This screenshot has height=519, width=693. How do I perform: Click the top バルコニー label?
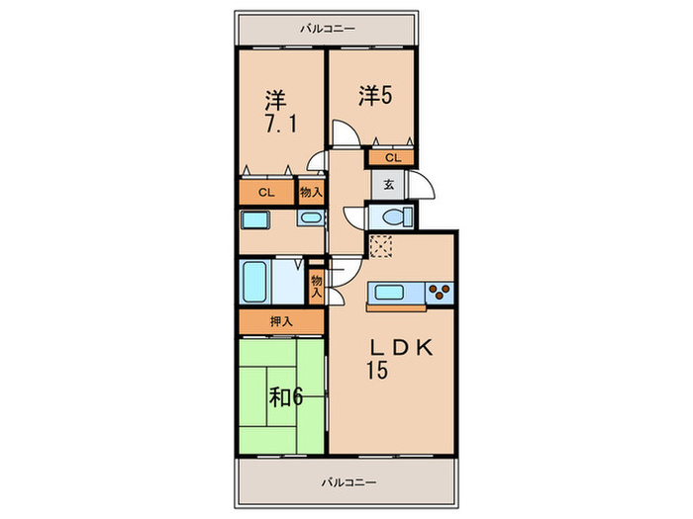[x=327, y=29]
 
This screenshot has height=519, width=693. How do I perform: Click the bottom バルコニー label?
[x=347, y=482]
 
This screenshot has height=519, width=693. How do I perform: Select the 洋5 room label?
[x=376, y=96]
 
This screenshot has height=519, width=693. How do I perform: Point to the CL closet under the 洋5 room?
[x=392, y=156]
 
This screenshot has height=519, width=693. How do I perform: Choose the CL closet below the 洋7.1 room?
[x=266, y=193]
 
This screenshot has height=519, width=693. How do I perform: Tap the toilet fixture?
[x=394, y=217]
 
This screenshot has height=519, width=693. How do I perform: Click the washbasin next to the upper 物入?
[x=310, y=218]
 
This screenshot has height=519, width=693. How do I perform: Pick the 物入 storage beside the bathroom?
[x=316, y=286]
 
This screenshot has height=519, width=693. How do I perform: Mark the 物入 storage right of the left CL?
[x=310, y=193]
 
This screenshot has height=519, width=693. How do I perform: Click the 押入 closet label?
[x=281, y=321]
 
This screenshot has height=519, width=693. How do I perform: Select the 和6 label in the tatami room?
[x=286, y=397]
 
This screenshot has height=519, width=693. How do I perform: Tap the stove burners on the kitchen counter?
[x=440, y=292]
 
